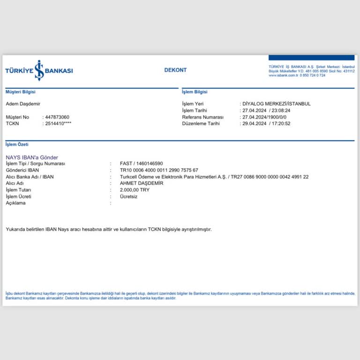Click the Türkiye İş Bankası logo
(39, 70)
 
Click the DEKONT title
(175, 70)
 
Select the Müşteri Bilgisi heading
(21, 92)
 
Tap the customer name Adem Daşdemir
(26, 104)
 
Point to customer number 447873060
(57, 117)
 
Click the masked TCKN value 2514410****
(58, 123)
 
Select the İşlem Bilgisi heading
(195, 92)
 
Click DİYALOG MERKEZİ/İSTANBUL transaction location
(277, 104)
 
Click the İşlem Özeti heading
(17, 144)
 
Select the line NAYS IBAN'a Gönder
(32, 157)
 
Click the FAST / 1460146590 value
(142, 164)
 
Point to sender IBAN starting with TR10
(159, 170)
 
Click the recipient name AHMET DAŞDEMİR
(142, 183)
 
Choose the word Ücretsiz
(129, 196)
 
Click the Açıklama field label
(15, 203)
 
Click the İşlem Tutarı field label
(19, 190)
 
